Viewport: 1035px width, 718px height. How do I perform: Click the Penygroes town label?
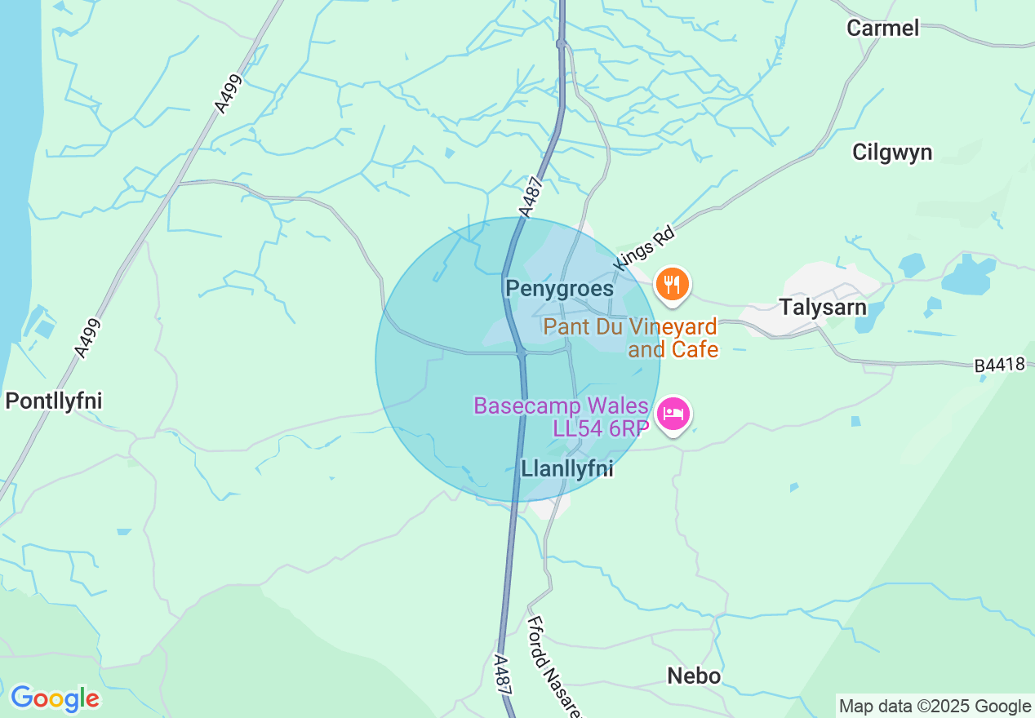click(559, 289)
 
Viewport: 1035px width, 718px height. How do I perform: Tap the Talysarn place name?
click(823, 308)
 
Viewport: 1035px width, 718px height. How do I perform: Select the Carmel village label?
click(882, 28)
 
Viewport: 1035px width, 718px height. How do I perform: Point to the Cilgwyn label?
click(891, 153)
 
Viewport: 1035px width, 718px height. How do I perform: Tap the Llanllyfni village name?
click(566, 469)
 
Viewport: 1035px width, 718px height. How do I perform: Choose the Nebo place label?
click(694, 676)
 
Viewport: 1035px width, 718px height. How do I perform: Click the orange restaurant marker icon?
click(672, 285)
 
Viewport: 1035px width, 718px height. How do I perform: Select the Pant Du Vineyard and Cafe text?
click(631, 339)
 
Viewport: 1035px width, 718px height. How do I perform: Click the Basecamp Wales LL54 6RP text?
click(562, 417)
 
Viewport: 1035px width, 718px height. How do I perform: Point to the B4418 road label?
click(999, 366)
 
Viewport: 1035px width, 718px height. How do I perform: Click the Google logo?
click(55, 699)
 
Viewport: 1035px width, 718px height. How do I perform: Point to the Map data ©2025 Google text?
click(935, 707)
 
